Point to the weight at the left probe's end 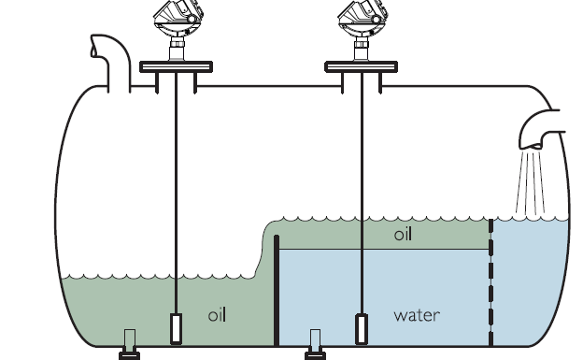tap(176, 328)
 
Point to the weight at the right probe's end tap(361, 328)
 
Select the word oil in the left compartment tap(217, 315)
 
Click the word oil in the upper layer tap(403, 235)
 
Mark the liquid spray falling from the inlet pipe tap(531, 182)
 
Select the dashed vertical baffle tap(491, 281)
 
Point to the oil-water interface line tap(383, 250)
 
